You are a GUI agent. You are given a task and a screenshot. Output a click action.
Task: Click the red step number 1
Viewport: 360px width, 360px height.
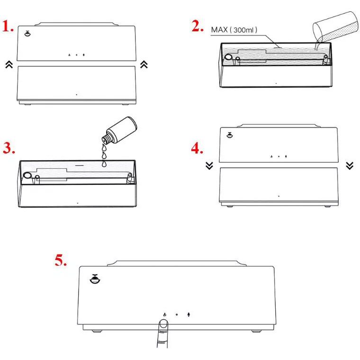pyautogui.click(x=8, y=26)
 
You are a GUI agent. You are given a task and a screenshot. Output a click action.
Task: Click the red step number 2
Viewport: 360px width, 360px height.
pyautogui.click(x=198, y=26)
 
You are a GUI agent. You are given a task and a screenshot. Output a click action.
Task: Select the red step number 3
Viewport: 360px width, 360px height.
pyautogui.click(x=9, y=148)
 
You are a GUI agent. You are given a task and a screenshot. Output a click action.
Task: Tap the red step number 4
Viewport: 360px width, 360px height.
pyautogui.click(x=197, y=148)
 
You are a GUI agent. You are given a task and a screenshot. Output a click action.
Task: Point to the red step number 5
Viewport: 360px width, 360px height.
pyautogui.click(x=61, y=260)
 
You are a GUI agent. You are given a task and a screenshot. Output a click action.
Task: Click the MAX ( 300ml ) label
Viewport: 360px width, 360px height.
pyautogui.click(x=234, y=30)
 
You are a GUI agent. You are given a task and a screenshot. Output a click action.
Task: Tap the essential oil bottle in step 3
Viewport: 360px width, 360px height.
pyautogui.click(x=119, y=130)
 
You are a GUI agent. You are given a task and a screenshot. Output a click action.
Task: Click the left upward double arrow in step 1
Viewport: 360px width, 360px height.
pyautogui.click(x=9, y=65)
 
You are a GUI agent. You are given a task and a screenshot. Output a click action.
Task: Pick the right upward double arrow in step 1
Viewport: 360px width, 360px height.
pyautogui.click(x=144, y=64)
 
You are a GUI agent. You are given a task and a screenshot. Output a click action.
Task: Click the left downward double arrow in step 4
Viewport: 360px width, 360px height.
pyautogui.click(x=209, y=165)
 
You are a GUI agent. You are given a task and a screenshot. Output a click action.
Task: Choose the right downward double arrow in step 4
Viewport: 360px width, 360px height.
pyautogui.click(x=350, y=165)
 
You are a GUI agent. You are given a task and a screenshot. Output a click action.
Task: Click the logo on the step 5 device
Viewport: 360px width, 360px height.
pyautogui.click(x=95, y=279)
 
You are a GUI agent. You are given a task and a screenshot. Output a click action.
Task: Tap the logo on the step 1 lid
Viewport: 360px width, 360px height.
pyautogui.click(x=27, y=34)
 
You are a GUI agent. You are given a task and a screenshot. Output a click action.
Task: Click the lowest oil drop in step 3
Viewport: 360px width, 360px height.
pyautogui.click(x=104, y=163)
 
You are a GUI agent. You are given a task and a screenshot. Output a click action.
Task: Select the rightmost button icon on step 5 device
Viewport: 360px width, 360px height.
pyautogui.click(x=189, y=315)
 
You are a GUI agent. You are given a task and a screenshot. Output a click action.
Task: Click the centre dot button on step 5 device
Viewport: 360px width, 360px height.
pyautogui.click(x=177, y=315)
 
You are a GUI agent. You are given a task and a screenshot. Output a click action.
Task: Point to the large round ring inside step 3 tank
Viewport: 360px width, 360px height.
pyautogui.click(x=27, y=176)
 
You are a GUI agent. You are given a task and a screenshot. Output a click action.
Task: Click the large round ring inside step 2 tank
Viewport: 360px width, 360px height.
pyautogui.click(x=229, y=57)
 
